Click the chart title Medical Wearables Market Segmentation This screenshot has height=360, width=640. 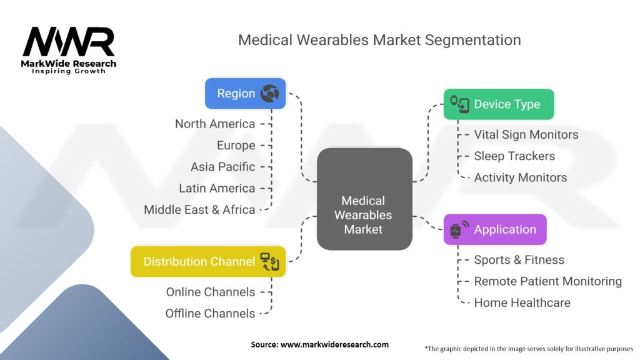[379, 40]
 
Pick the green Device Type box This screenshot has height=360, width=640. [498, 104]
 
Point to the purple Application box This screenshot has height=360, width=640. [494, 229]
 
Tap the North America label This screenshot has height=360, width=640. [215, 124]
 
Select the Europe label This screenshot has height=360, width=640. [236, 145]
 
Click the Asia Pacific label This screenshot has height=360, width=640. [223, 167]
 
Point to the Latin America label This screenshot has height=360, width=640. [217, 188]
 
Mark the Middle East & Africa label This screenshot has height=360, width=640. [199, 209]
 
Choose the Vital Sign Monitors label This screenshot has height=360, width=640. [526, 134]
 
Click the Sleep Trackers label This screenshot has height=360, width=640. [514, 156]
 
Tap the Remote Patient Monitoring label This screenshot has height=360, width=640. [548, 281]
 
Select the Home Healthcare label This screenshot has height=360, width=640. [522, 302]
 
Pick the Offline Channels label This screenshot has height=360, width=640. [211, 313]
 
